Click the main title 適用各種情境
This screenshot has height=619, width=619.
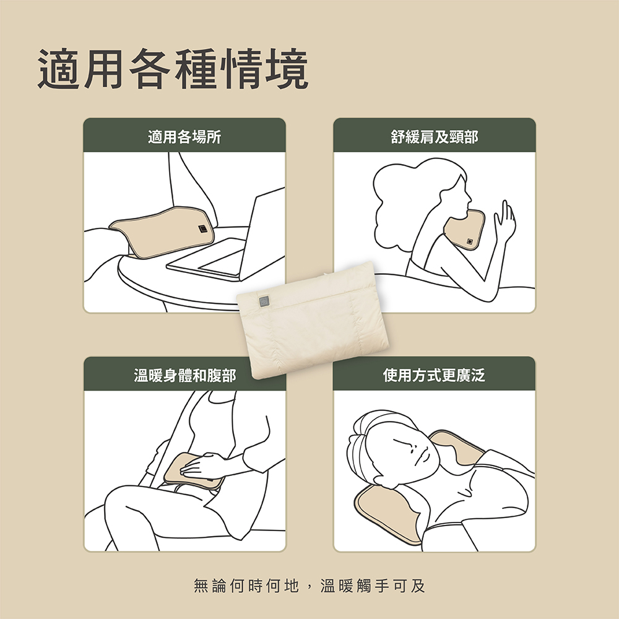pos(173,69)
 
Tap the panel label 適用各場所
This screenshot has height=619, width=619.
pos(184,137)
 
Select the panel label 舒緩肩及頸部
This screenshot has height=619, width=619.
pos(435,137)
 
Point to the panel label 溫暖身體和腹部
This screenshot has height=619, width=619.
pos(184,375)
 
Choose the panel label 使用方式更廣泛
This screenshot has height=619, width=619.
pos(434,375)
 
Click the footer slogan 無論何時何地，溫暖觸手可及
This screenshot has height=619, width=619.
pos(309,586)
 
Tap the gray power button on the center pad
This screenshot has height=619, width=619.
pos(264,301)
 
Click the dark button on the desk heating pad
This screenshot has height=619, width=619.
pos(202,228)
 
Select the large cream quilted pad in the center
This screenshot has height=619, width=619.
pos(312,319)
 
